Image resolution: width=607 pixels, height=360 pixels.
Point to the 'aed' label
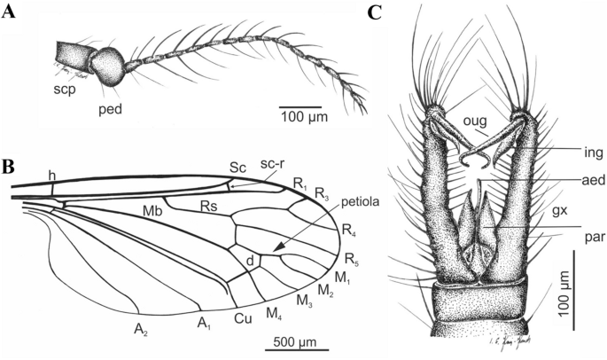point(563,178)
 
